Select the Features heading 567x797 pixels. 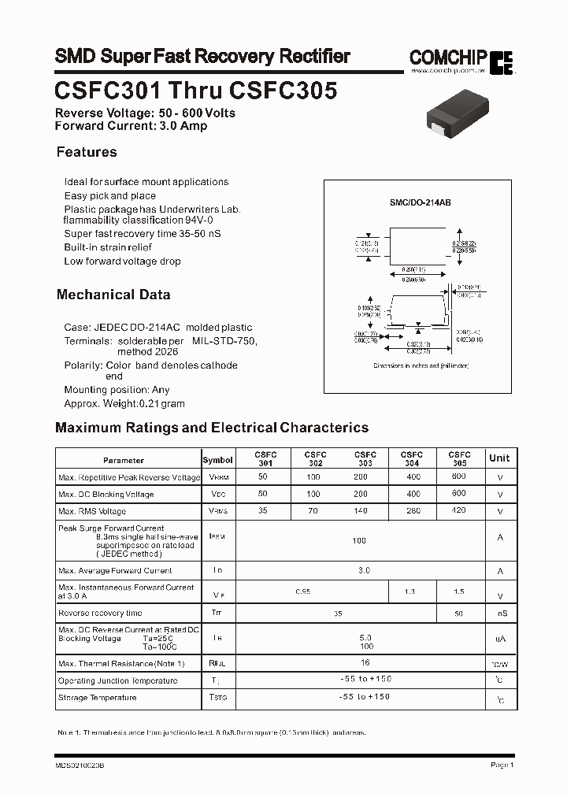[87, 152]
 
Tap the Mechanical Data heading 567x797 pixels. [113, 295]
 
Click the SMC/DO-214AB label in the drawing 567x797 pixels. [420, 202]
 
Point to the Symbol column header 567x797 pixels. [217, 460]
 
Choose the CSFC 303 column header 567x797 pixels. [365, 459]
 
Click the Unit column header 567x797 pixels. [499, 458]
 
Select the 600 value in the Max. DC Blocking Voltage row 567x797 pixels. [459, 494]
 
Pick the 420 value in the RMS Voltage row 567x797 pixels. [459, 511]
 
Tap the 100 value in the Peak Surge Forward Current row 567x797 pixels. [359, 541]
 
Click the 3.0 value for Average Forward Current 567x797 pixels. [363, 570]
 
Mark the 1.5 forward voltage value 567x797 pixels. [459, 591]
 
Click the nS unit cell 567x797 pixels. [501, 614]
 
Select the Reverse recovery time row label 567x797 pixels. [100, 613]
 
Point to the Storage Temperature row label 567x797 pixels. [97, 698]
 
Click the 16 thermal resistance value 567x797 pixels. [364, 663]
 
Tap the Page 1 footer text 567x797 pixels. [502, 764]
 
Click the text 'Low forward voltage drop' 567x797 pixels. [122, 261]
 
